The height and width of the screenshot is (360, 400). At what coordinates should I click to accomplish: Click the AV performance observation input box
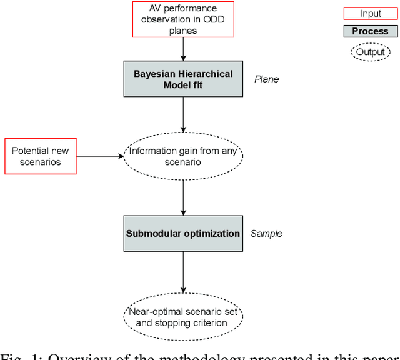[x=183, y=18]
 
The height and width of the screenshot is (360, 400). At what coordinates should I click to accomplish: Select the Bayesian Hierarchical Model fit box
[x=183, y=79]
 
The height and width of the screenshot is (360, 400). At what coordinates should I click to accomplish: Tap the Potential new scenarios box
[x=41, y=156]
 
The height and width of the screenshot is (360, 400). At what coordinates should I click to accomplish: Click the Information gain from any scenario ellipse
[x=183, y=156]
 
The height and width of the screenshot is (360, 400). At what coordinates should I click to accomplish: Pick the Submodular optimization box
[x=183, y=234]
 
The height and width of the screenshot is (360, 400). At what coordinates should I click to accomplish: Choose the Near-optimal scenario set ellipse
[x=183, y=317]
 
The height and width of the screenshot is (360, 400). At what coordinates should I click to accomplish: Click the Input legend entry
[x=370, y=14]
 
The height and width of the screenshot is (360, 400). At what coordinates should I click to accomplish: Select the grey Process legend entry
[x=370, y=31]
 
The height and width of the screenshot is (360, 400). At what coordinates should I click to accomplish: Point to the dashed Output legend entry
[x=370, y=51]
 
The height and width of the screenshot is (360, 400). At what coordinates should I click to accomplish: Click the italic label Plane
[x=266, y=79]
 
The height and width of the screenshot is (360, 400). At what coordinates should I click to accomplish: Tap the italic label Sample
[x=266, y=234]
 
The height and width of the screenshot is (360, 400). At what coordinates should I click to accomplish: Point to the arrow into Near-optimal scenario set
[x=183, y=272]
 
